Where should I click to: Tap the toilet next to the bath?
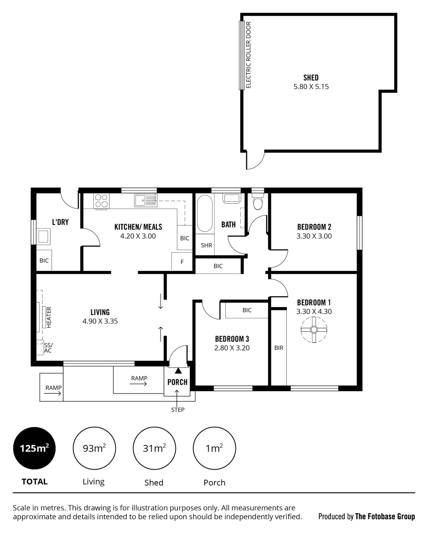[x=257, y=202]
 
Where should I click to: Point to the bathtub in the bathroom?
[x=204, y=214]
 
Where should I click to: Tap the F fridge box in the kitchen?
[x=182, y=262]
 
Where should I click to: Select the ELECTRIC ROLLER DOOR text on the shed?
[x=249, y=54]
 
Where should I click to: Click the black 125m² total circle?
[x=34, y=448]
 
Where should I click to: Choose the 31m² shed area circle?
[x=154, y=448]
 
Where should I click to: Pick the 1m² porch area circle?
[x=214, y=448]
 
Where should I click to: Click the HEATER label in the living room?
[x=49, y=317]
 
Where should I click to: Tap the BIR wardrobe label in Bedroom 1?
[x=278, y=348]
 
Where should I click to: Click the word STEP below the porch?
[x=178, y=409]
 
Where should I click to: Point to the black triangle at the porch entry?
[x=178, y=370]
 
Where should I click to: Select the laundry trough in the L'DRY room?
[x=44, y=236]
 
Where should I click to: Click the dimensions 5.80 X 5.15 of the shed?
[x=311, y=87]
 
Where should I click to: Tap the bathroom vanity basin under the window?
[x=231, y=199]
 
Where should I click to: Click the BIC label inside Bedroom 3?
[x=247, y=310]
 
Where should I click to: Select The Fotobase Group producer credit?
[x=385, y=517]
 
